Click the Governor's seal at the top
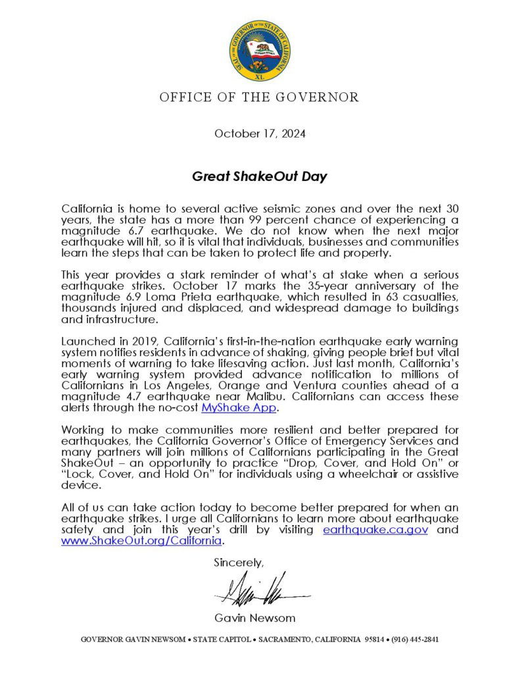tap(260, 50)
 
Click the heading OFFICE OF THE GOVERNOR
tap(260, 98)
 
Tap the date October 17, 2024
tap(260, 134)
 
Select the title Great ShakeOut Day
tap(260, 176)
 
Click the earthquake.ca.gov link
tap(375, 530)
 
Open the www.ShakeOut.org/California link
tap(141, 541)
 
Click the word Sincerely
tap(238, 563)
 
